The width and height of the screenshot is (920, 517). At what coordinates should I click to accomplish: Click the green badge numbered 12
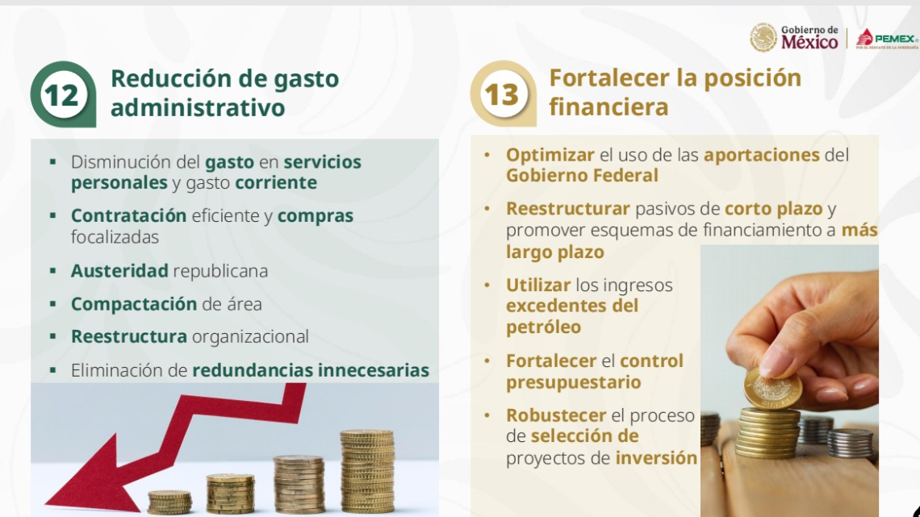click(x=62, y=94)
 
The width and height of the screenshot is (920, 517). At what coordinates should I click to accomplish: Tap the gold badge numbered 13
click(x=501, y=94)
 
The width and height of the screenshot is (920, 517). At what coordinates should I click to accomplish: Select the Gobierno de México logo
click(x=795, y=37)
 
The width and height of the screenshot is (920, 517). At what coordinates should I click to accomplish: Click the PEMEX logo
click(x=886, y=39)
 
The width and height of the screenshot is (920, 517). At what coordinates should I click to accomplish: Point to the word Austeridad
click(x=119, y=271)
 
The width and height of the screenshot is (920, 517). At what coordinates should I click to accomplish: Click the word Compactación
click(x=134, y=304)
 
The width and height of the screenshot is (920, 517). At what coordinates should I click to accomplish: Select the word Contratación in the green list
click(x=128, y=216)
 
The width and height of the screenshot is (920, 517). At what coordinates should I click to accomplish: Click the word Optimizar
click(x=550, y=155)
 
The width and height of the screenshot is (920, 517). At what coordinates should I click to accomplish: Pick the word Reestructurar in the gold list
click(x=567, y=208)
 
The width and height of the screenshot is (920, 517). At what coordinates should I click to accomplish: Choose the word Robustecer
click(x=555, y=415)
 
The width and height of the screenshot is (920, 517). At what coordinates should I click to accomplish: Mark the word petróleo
click(x=543, y=327)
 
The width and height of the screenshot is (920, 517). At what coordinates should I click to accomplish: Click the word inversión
click(x=656, y=458)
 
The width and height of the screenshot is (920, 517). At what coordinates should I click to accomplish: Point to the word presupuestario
click(x=573, y=382)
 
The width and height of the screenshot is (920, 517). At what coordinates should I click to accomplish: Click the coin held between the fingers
click(x=772, y=390)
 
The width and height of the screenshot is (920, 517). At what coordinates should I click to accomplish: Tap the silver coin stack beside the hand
click(x=850, y=443)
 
